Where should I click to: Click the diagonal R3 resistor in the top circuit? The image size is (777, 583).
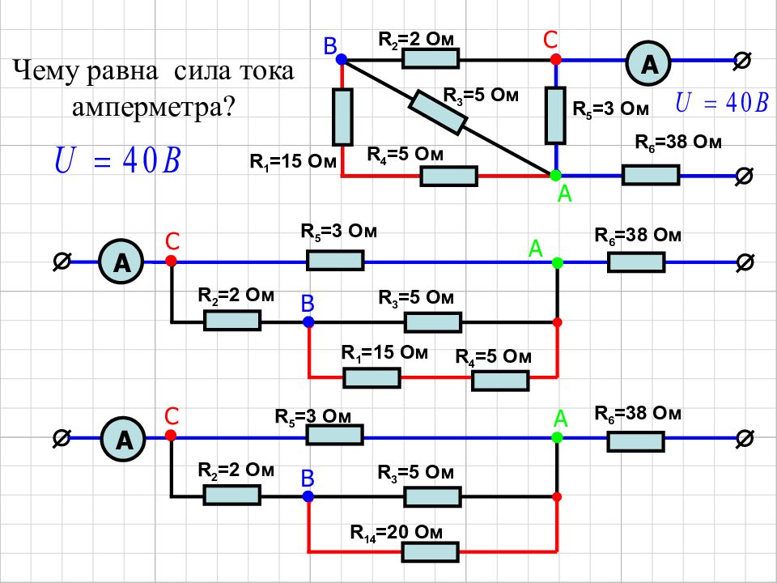(439, 112)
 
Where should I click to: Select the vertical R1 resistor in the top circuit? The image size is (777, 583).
(342, 117)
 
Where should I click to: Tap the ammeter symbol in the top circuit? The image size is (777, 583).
(648, 63)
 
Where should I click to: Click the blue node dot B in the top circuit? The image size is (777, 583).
(342, 59)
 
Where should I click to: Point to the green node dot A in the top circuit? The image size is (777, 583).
(555, 175)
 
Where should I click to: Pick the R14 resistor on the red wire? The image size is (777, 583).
(430, 551)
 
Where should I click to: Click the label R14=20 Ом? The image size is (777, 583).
(396, 533)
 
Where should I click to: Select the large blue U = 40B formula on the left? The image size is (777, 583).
(117, 160)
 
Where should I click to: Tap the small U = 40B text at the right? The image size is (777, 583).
(721, 103)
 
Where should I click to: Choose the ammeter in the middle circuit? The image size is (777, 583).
(121, 262)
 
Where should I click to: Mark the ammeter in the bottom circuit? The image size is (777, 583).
(123, 439)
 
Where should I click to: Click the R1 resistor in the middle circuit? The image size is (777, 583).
(372, 378)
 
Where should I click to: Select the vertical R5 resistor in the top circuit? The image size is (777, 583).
(555, 116)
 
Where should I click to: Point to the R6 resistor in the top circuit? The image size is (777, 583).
(651, 176)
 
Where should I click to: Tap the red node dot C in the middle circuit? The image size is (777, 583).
(171, 261)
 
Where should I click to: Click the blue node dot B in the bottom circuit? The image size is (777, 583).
(308, 496)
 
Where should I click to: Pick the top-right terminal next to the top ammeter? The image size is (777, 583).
(742, 61)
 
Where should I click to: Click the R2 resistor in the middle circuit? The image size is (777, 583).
(232, 321)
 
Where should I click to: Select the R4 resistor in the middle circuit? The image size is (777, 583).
(500, 381)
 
